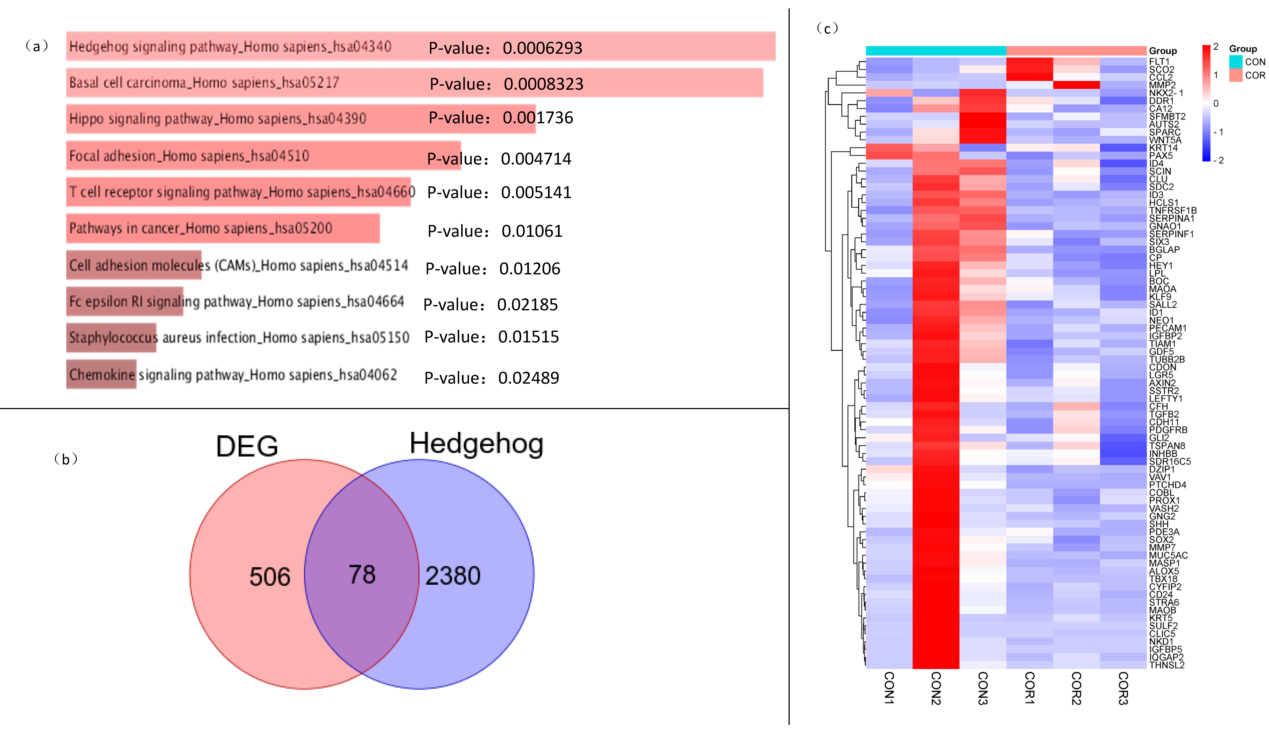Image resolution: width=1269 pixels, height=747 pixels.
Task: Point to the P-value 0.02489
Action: point(492,378)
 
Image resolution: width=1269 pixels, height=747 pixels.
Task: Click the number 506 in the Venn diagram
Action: point(270,577)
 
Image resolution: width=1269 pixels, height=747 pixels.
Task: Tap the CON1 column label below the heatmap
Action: point(889,689)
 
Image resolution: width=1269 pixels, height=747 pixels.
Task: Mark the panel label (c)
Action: point(827,28)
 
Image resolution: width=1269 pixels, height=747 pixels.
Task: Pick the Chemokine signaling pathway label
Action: point(233,375)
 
